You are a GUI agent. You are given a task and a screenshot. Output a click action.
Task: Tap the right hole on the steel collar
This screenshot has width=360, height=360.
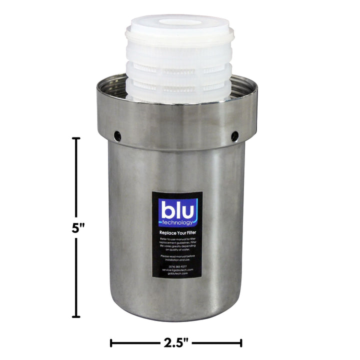tap(233, 135)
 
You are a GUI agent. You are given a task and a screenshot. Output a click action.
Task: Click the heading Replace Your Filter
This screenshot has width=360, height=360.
tap(178, 233)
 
